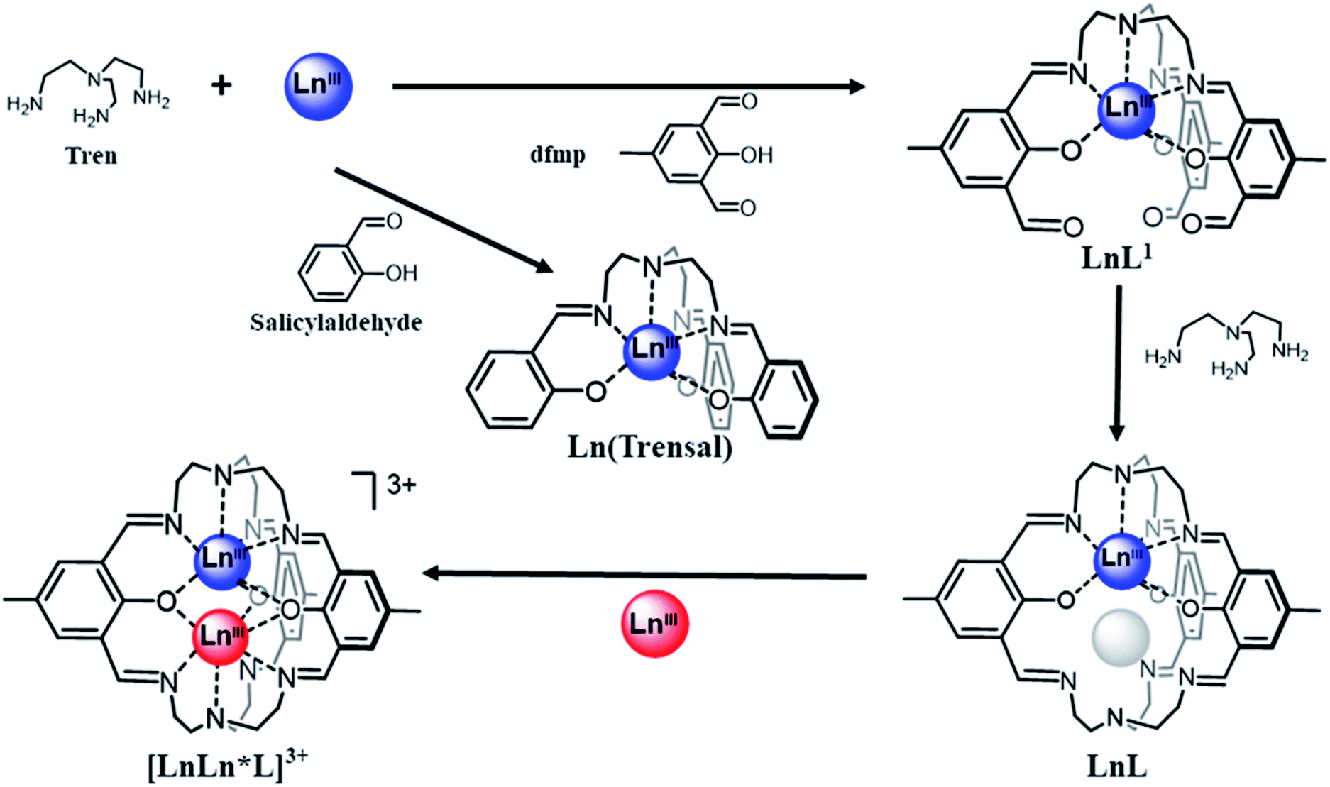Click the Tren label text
point(91,156)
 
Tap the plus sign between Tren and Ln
point(221,85)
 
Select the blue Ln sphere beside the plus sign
point(318,85)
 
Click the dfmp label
point(558,153)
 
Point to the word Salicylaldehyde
point(336,323)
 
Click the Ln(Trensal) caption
point(650,448)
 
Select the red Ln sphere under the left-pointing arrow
point(654,624)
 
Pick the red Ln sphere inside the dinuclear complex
point(221,635)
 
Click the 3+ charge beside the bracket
point(401,485)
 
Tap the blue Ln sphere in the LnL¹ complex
point(1126,109)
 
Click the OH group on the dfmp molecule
point(757,155)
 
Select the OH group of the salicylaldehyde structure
point(401,273)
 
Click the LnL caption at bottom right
point(1116,766)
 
